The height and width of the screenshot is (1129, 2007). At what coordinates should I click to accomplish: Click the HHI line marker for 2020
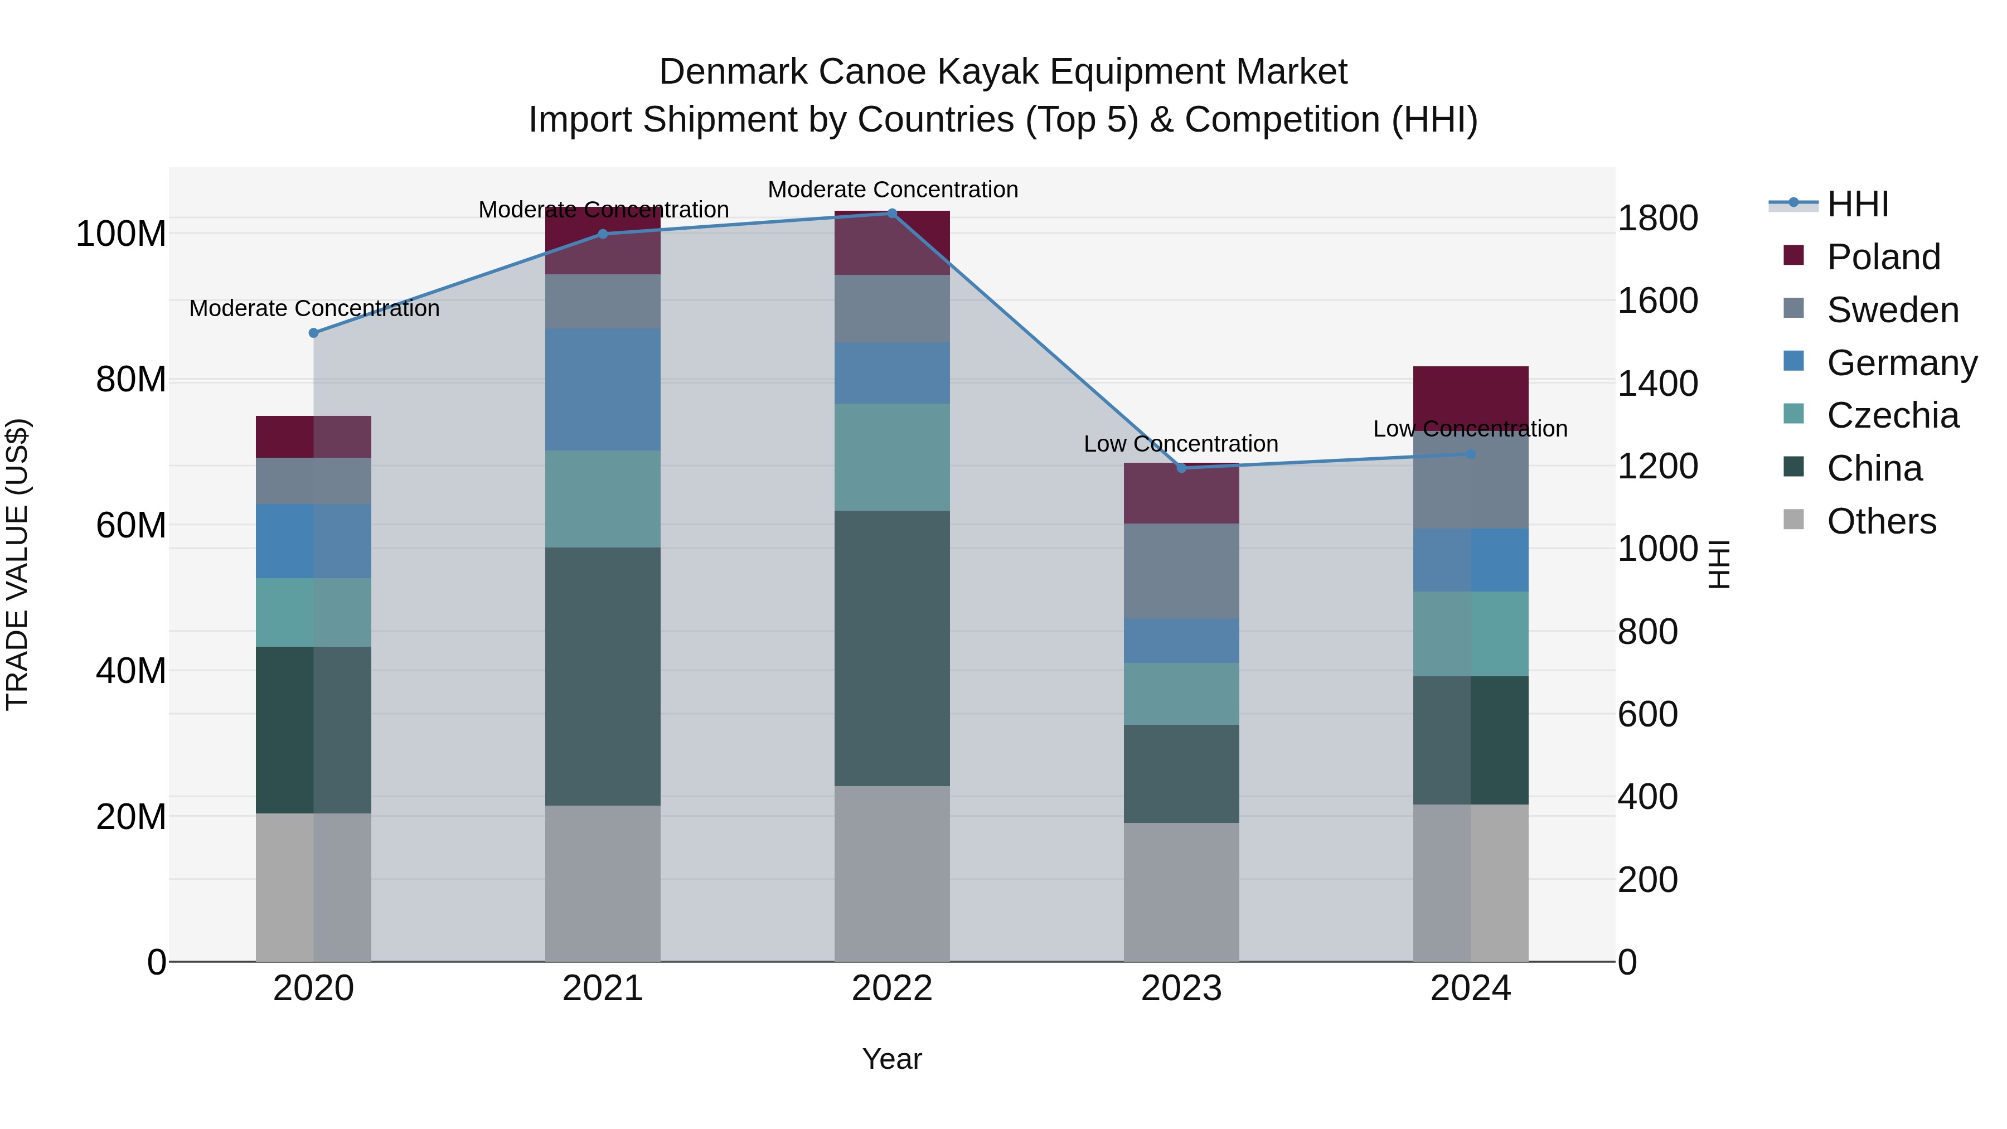314,333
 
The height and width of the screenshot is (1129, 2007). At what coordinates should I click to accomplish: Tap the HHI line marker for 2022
892,214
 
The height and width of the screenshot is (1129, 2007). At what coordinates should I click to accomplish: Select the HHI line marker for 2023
1181,468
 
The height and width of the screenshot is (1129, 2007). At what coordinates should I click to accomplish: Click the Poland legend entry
1883,257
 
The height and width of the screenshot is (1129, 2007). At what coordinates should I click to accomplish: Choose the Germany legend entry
1901,363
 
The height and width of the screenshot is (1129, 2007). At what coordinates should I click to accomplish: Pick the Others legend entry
1881,521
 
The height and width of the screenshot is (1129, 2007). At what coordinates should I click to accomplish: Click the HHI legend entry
1858,204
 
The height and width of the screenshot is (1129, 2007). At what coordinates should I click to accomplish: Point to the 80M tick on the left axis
131,380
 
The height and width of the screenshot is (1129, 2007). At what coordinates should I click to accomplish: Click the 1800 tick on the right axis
1658,218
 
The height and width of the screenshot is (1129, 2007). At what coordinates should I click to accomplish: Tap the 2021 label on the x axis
602,989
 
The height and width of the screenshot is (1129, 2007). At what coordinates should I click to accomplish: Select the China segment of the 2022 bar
892,648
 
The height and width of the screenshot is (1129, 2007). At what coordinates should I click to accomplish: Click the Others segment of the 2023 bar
1181,892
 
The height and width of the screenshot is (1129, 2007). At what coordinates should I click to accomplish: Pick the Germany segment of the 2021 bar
602,390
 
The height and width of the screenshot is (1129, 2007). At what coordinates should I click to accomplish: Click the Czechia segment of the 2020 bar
314,612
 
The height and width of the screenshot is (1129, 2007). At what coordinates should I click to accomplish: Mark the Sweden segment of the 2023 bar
1181,571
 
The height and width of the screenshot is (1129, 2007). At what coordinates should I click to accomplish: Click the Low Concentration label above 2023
1181,444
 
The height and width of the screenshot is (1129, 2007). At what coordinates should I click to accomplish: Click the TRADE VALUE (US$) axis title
17,564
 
